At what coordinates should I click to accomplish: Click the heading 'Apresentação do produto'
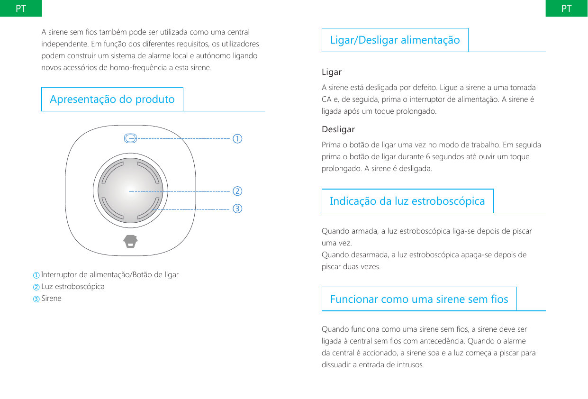(112, 100)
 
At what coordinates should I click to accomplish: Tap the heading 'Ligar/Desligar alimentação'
(395, 40)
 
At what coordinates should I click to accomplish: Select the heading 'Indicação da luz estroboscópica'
(407, 201)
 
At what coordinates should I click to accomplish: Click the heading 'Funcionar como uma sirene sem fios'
(419, 299)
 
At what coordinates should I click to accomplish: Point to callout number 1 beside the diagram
(237, 139)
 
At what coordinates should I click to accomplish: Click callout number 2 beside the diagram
(237, 191)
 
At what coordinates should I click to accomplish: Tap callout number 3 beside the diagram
(237, 209)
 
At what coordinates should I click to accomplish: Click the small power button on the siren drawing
(130, 138)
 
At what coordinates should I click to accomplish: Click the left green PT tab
(21, 9)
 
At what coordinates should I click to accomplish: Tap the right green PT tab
(566, 9)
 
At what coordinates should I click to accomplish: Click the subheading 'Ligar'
(332, 73)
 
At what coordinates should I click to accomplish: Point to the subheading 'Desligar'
(338, 129)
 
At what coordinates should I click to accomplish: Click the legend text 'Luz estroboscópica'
(73, 287)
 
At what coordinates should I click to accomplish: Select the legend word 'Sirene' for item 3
(51, 299)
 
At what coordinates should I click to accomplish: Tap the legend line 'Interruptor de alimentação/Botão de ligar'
(110, 275)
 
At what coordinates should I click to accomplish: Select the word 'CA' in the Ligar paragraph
(326, 100)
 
